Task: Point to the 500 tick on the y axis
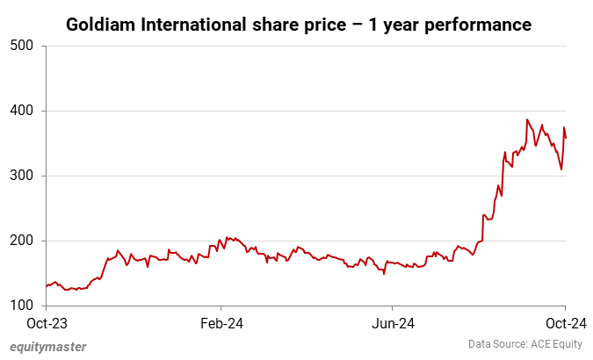[23, 46]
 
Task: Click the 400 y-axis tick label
[23, 111]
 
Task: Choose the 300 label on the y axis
[23, 176]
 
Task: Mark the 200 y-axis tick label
[23, 241]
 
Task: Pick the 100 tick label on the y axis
[23, 306]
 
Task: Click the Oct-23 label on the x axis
[47, 323]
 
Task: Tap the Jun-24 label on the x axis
[393, 323]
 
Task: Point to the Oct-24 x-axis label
[565, 323]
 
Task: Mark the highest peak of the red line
[527, 119]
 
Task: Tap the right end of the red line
[566, 138]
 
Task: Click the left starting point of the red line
[46, 286]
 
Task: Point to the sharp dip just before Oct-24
[561, 169]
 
